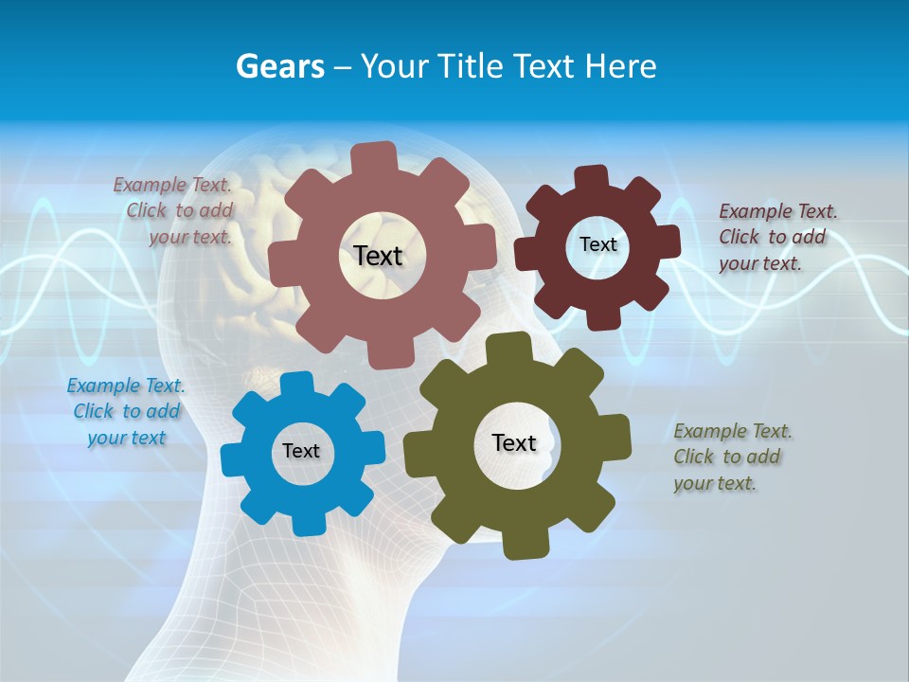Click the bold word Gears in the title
coord(280,66)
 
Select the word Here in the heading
coord(620,66)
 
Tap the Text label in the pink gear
coord(378,256)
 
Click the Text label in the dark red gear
coord(597,244)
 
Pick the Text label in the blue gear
coord(301,451)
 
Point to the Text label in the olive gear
coord(514,442)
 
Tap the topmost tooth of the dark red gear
coord(592,178)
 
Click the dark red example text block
coord(776,237)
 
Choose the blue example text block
coord(126,411)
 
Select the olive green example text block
coord(731,457)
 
